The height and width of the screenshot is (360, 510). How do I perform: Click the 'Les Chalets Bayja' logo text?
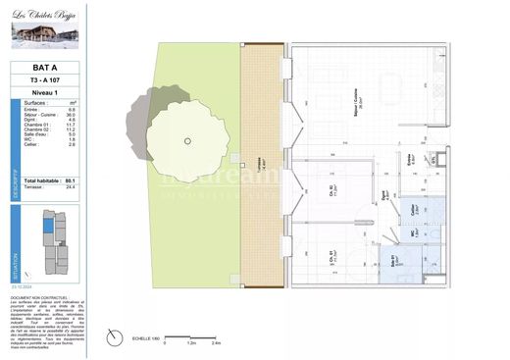44,16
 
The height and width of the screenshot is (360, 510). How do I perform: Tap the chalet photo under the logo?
44,36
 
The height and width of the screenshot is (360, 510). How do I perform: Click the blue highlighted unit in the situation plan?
47,228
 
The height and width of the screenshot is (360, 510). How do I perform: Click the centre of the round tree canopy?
187,140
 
